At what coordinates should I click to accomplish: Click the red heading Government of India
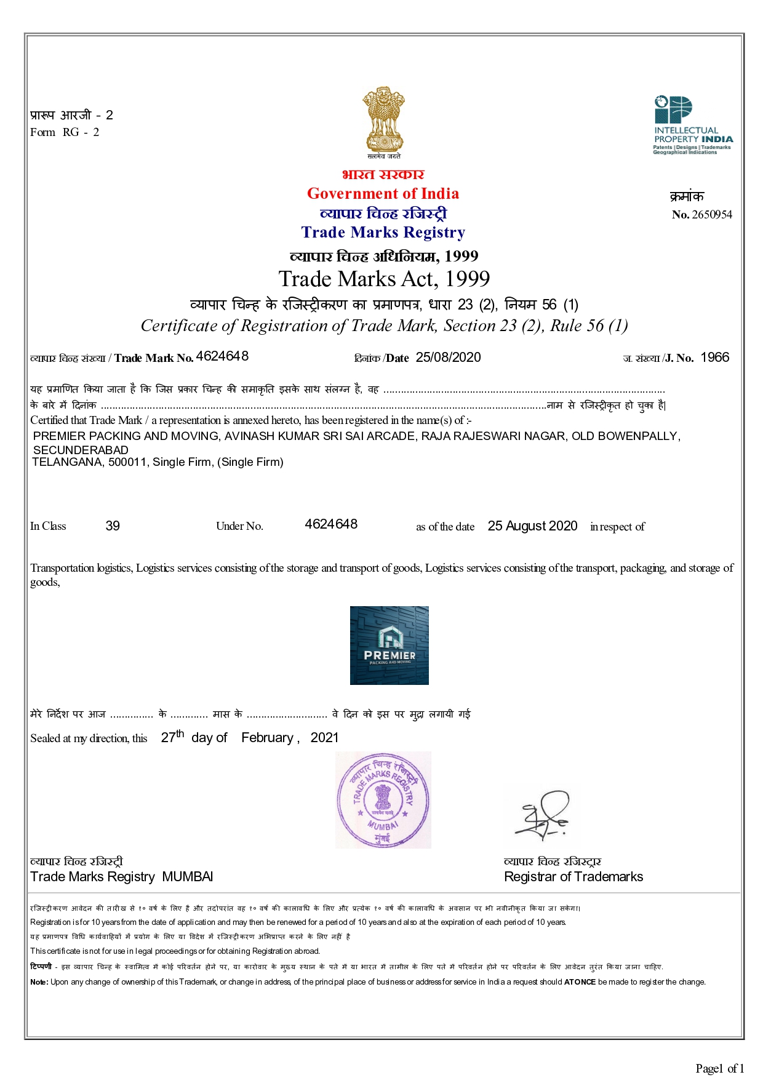383,194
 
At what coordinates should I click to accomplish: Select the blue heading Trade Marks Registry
383,233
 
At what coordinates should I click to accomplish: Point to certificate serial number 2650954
712,215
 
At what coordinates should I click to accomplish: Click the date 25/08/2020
448,358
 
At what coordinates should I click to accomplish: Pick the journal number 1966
714,358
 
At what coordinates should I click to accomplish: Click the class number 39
113,526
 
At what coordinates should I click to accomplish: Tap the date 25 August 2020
532,526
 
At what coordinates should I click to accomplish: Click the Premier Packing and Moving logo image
389,646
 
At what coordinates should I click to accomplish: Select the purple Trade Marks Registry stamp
383,799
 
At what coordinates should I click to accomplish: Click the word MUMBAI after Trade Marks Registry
188,877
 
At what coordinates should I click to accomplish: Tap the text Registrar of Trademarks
573,877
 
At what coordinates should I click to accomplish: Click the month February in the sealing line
267,738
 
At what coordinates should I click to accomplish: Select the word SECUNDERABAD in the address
81,450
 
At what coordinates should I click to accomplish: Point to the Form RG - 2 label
65,132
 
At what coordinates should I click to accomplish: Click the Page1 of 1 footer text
719,1068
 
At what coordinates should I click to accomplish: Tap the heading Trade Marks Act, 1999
384,279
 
